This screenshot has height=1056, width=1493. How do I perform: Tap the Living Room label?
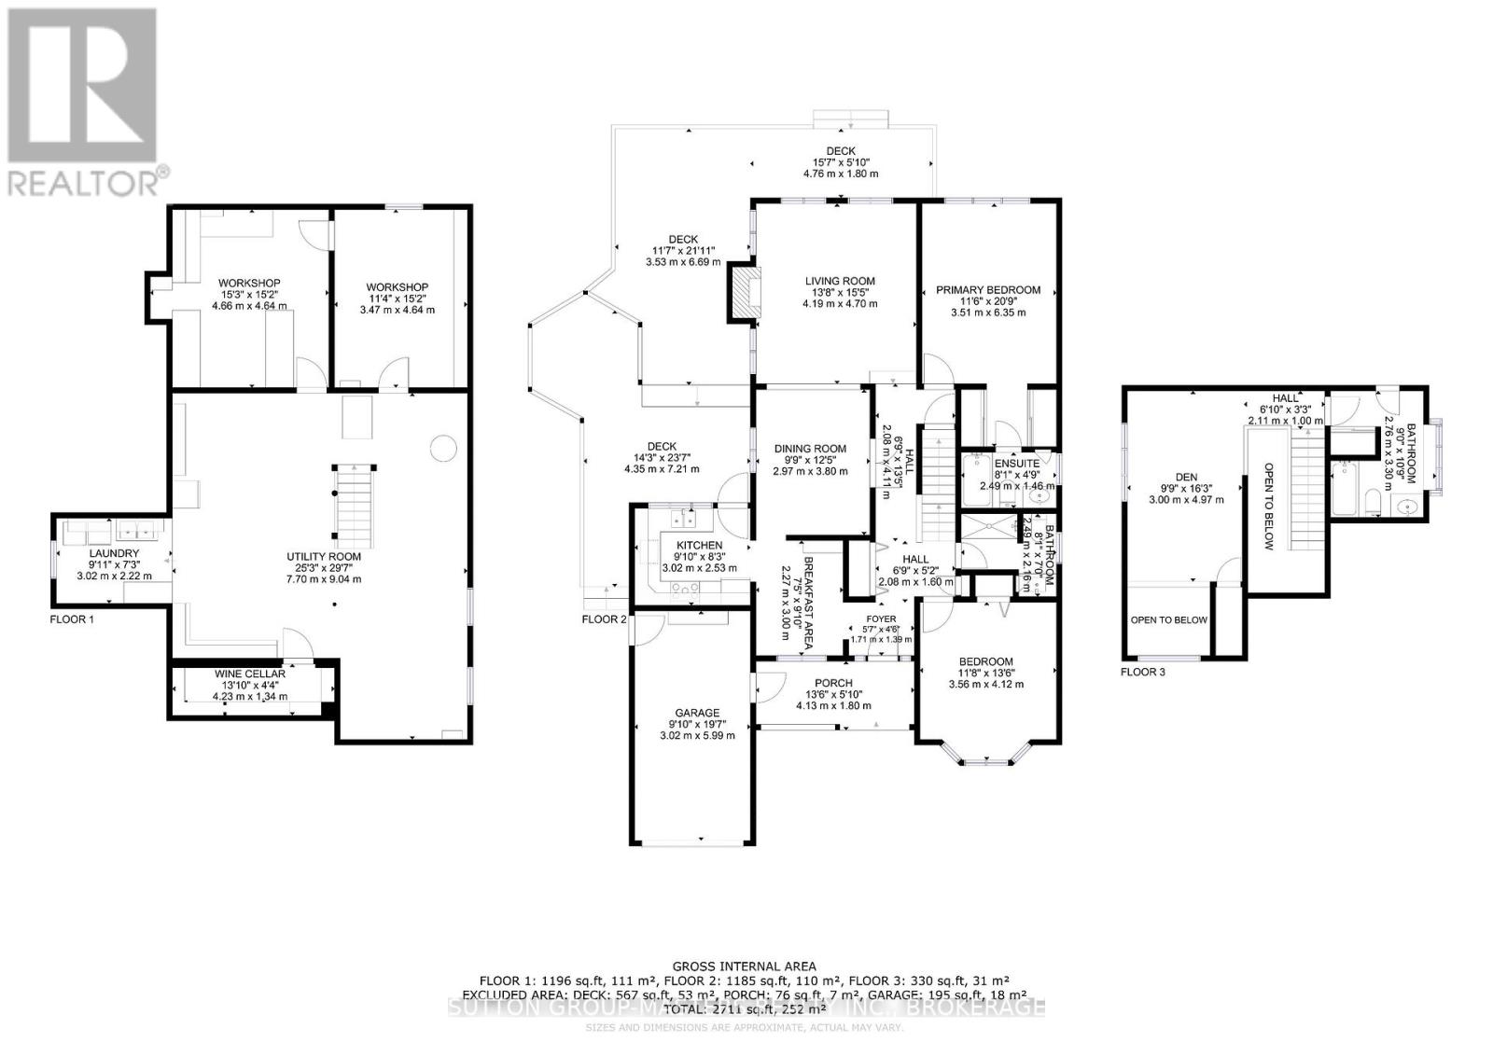coord(840,281)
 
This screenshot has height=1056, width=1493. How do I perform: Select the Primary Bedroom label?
coord(988,290)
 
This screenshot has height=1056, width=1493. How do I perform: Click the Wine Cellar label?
coord(249,674)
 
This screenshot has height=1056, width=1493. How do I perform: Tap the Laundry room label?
coord(114,553)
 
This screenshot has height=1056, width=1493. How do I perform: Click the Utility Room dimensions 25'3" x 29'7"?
coord(324,567)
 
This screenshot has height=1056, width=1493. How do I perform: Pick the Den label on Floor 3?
coord(1186,478)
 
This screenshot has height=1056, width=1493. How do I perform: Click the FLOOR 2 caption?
coord(604,619)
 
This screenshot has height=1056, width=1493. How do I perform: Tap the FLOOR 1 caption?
coord(71,618)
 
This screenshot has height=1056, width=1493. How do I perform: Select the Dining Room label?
coord(810,449)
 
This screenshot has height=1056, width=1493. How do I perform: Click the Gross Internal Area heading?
coord(744,966)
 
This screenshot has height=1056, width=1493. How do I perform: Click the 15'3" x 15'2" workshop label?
coord(249,295)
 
